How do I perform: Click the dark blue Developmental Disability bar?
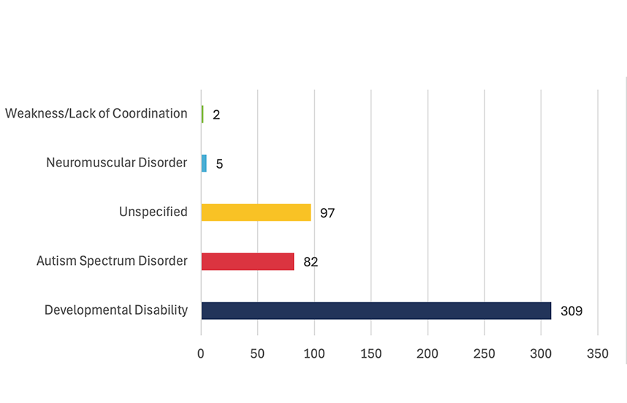pos(376,310)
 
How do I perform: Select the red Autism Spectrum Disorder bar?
pos(248,261)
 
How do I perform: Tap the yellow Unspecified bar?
pos(256,212)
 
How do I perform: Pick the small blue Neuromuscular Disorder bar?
pos(204,163)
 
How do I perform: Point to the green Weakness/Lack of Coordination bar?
pos(202,114)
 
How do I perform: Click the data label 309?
pos(571,311)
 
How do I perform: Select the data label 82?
pos(311,262)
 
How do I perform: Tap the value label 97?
pos(327,213)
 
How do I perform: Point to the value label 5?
pos(219,164)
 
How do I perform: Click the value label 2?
pos(216,115)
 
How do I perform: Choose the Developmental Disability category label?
pos(116,310)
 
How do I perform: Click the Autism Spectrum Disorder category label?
pos(112,261)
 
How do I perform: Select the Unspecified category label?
pos(153,212)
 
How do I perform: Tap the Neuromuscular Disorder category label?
pos(117,162)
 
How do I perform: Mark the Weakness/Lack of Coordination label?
pos(96,113)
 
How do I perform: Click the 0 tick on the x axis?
pos(201,354)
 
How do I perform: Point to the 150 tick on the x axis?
pos(371,354)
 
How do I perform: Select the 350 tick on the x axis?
pos(598,354)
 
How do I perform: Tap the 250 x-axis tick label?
pos(484,354)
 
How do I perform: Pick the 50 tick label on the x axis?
pos(257,354)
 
